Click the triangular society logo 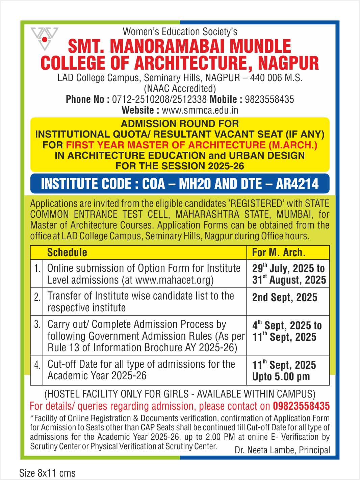44,39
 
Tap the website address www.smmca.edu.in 200,110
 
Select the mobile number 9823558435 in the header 269,99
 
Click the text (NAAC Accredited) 180,89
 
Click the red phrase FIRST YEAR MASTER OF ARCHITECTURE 165,145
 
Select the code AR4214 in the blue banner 297,184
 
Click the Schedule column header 67,253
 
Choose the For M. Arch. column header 279,253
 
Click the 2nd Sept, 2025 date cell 285,297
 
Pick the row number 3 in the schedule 37,324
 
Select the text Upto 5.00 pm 281,377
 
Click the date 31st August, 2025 289,280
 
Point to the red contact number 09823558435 301,406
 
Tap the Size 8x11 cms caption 47,473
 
